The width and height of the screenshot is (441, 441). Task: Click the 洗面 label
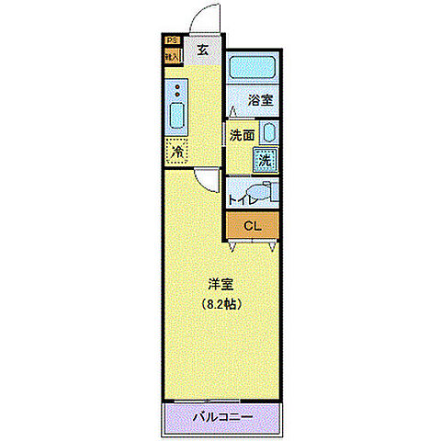tap(242, 134)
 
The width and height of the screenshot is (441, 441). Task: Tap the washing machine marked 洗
tap(265, 158)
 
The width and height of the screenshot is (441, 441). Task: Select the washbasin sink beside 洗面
tap(265, 133)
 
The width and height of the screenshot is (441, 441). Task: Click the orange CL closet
tap(253, 225)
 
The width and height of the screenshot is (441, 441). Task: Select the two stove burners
tap(177, 92)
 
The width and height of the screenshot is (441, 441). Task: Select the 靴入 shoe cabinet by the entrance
tap(171, 55)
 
